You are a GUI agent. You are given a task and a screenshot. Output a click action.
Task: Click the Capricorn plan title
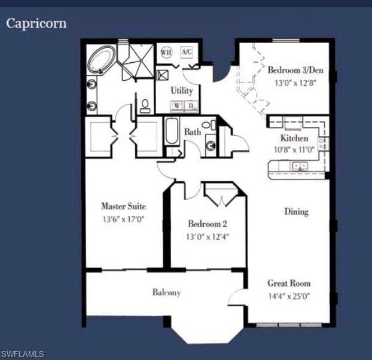[x=36, y=24]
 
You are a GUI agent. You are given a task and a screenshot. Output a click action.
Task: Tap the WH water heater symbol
[x=166, y=52]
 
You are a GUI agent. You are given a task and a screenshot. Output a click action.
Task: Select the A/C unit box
[x=187, y=51]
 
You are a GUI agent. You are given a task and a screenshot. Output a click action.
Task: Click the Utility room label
[x=182, y=91]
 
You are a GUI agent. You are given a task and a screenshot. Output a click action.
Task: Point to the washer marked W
[x=177, y=105]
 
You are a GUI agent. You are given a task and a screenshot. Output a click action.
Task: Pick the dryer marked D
[x=191, y=105]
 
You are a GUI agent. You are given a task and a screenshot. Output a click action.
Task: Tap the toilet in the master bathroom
[x=145, y=106]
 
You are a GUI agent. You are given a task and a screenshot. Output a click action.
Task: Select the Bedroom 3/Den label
[x=295, y=70]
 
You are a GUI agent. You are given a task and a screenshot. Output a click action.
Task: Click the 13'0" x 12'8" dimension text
[x=295, y=83]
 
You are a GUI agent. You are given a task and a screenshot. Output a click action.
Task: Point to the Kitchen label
[x=294, y=138]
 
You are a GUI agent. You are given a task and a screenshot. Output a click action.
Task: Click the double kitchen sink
[x=300, y=166]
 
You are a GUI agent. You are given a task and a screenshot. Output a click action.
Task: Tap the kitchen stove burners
[x=323, y=144]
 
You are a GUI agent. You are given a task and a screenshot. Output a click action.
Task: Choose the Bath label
[x=193, y=132]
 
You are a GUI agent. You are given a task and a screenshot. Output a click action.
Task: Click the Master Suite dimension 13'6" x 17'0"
[x=123, y=219]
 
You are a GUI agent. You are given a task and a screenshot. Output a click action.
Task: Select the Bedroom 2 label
[x=208, y=224]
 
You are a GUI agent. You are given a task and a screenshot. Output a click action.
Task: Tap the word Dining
[x=297, y=212]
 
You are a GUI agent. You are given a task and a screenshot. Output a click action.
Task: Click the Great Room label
[x=289, y=283]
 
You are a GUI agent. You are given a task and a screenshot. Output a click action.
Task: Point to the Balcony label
[x=166, y=292]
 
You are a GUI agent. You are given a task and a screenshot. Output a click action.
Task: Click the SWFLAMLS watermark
[x=22, y=354]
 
